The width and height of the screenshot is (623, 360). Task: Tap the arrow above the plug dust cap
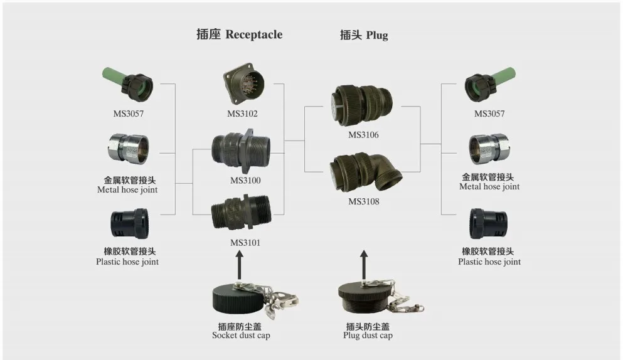pyautogui.click(x=364, y=263)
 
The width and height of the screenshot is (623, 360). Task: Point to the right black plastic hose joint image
pyautogui.click(x=489, y=225)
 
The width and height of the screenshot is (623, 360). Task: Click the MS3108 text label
pyautogui.click(x=364, y=202)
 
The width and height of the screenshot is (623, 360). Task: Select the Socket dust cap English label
pyautogui.click(x=240, y=336)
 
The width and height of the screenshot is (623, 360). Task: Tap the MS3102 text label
pyautogui.click(x=243, y=114)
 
